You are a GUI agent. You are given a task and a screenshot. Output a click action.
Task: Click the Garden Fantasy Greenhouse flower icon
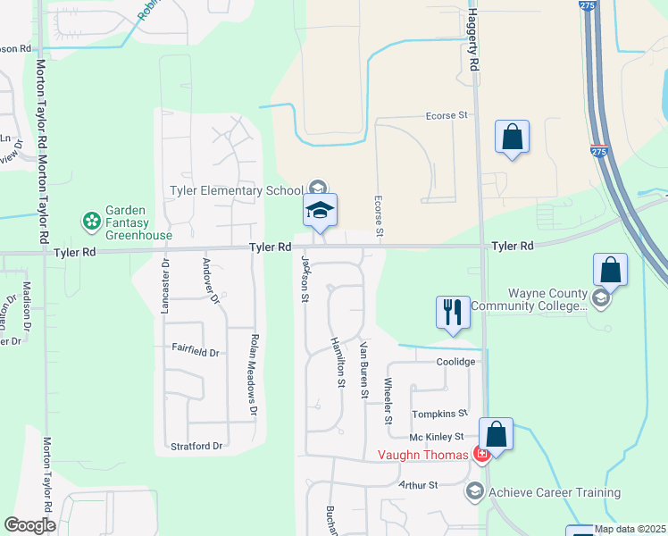(91, 220)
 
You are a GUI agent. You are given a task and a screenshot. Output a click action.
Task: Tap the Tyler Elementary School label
(238, 189)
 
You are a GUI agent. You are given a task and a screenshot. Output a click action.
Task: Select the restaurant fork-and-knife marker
(452, 313)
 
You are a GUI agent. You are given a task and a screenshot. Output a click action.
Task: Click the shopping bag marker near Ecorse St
(513, 138)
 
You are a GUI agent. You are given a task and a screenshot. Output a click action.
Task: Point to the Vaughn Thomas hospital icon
(481, 455)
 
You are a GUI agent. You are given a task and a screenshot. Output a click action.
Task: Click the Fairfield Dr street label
(196, 353)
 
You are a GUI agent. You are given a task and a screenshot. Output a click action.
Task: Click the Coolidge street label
(456, 362)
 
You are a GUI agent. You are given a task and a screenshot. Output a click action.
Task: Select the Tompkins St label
(439, 414)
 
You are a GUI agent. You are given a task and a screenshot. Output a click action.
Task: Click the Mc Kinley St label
(437, 437)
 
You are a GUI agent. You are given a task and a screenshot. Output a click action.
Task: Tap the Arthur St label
(419, 485)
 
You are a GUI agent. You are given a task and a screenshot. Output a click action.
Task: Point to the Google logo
(29, 525)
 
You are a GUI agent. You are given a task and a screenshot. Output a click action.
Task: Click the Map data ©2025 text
(630, 529)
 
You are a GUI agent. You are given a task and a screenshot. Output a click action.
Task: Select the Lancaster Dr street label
(165, 287)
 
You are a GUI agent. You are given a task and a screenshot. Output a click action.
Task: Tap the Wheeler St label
(388, 401)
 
